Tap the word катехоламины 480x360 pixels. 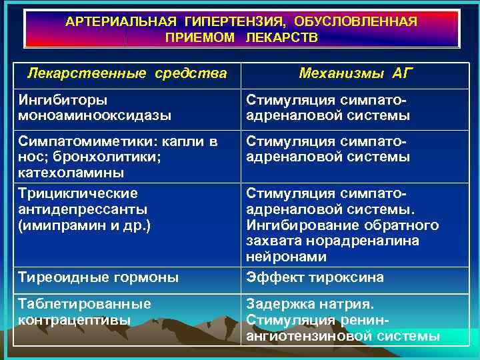tap(71, 173)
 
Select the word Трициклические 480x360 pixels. tap(79, 193)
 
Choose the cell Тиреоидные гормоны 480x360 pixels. tap(99, 277)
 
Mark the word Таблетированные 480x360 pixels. tap(85, 304)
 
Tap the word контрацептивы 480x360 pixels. tap(75, 319)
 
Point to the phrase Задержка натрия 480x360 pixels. tap(310, 304)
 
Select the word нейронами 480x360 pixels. tap(287, 257)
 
